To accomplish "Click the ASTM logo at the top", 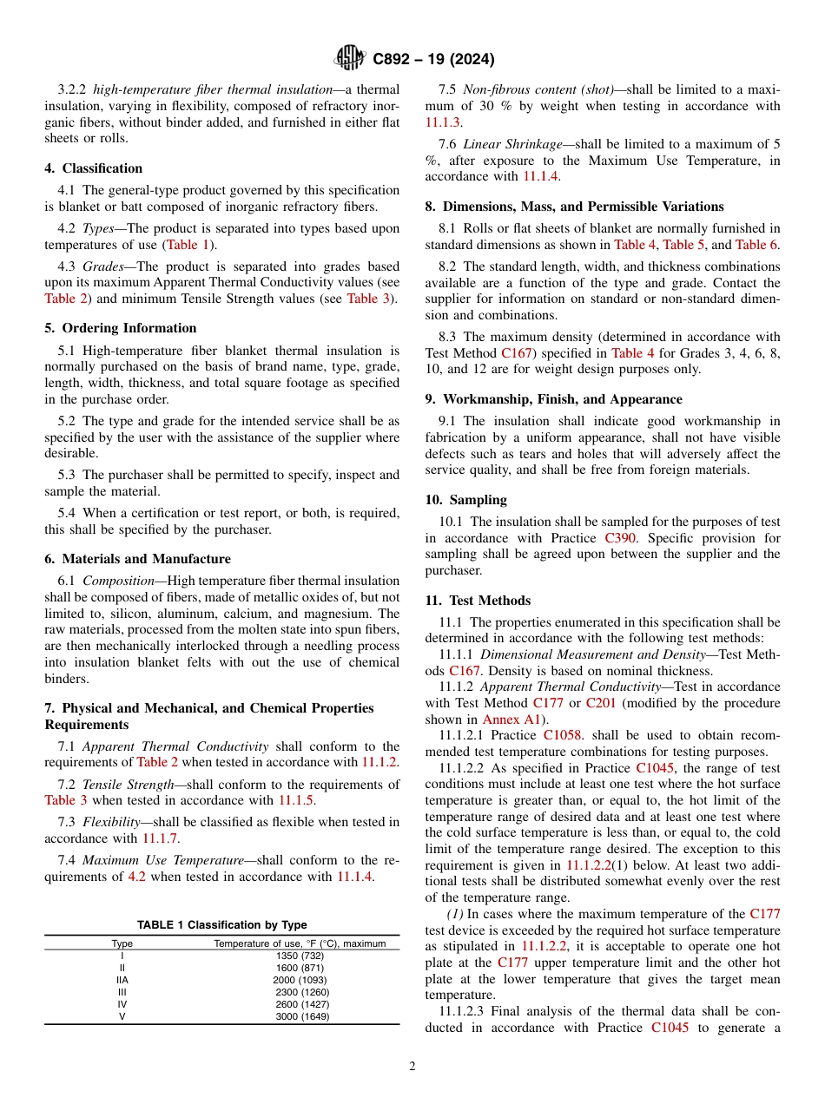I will tap(350, 59).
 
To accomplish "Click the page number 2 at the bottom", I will tap(412, 1067).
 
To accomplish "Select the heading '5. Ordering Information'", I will tap(121, 328).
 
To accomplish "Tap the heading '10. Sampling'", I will tap(465, 500).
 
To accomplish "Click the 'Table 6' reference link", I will tap(756, 245).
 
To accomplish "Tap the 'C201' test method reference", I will tap(601, 703).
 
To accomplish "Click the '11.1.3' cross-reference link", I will tap(442, 122).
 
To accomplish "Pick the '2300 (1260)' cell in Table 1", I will tap(302, 992).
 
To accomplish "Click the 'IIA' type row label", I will tap(122, 980).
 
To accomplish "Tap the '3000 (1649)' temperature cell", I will tap(302, 1016).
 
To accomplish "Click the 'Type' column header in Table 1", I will tap(122, 943).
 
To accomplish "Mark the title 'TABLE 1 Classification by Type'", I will tap(221, 925).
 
